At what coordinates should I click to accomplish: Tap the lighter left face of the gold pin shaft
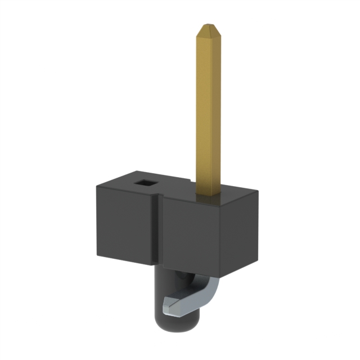[x=204, y=112]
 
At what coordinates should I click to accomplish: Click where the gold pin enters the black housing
[x=209, y=194]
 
